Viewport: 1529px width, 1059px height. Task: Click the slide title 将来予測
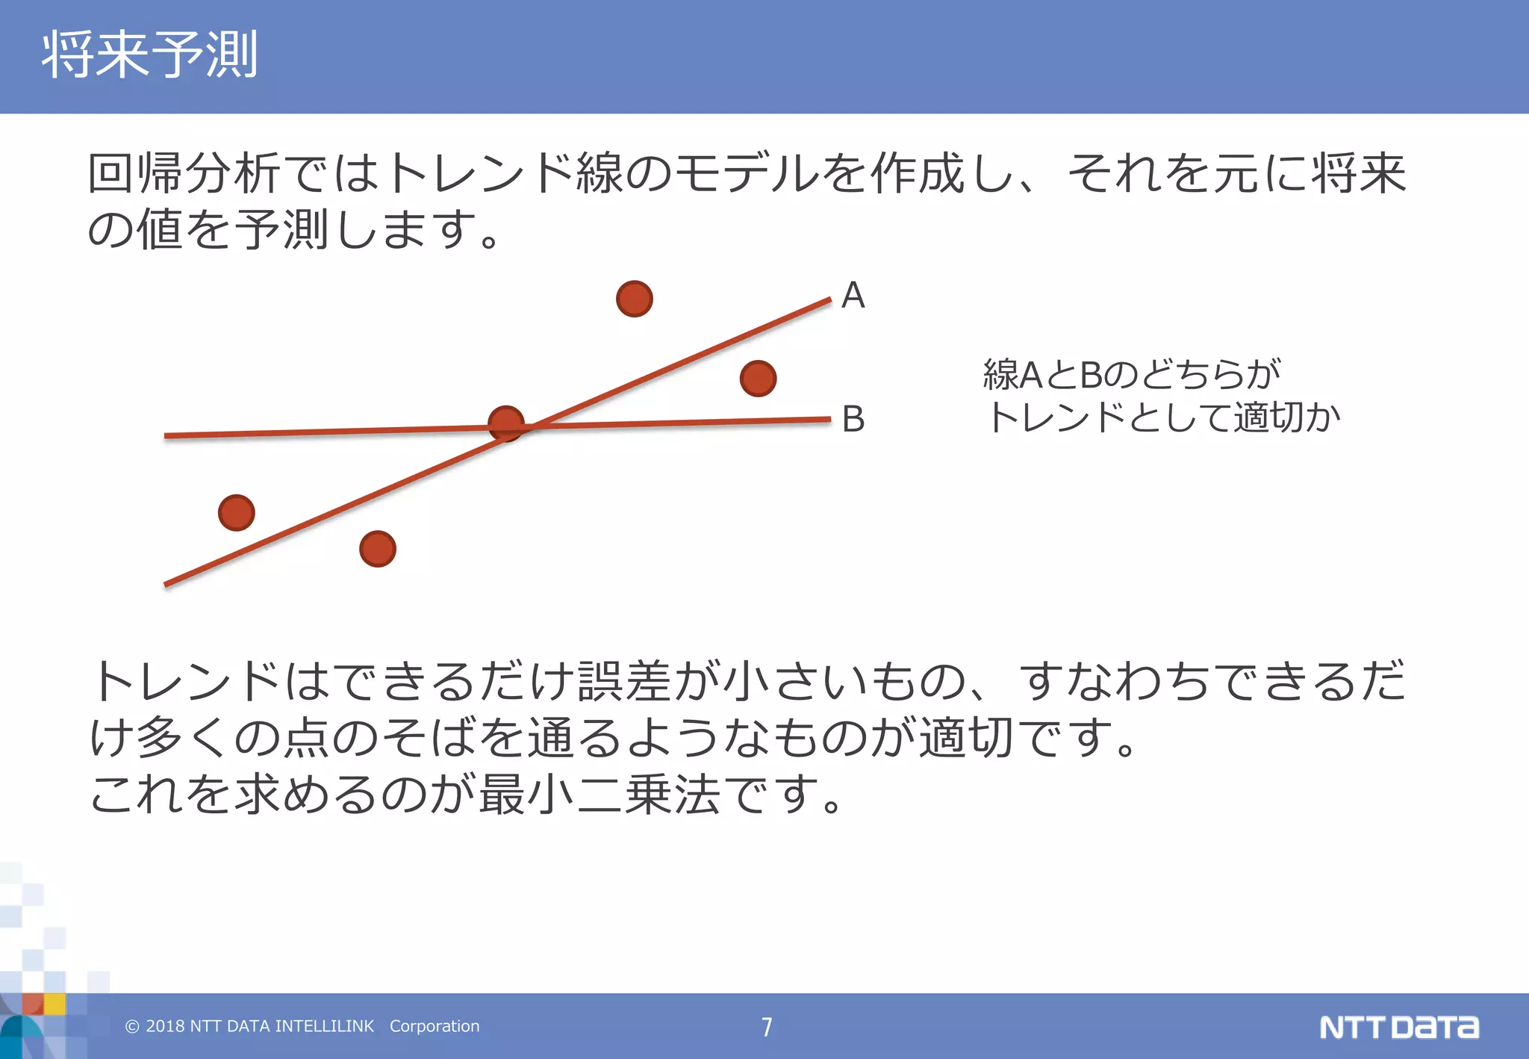(149, 55)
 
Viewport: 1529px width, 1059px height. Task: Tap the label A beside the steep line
(853, 295)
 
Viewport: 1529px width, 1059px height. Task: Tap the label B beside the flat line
(853, 419)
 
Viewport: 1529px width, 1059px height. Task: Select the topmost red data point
(635, 299)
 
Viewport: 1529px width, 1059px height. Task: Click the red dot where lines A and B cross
(506, 424)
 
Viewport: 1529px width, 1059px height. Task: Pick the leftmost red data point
(237, 513)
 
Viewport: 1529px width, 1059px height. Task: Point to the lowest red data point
(378, 549)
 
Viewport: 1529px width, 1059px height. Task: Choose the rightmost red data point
(758, 378)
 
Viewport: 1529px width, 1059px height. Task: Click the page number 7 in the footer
(767, 1027)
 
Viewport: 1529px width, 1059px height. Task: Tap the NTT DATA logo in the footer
(1398, 1027)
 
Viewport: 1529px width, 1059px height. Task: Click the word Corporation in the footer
(435, 1026)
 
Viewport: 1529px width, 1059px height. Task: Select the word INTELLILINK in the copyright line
(324, 1026)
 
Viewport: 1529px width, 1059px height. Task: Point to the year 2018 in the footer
(165, 1026)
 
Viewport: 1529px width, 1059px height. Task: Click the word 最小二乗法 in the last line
(600, 793)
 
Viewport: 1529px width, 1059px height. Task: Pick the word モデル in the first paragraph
(747, 173)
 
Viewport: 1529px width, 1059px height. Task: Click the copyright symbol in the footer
(132, 1027)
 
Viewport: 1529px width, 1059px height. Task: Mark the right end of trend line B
(829, 420)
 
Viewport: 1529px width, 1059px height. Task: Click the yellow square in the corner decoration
(55, 1004)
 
